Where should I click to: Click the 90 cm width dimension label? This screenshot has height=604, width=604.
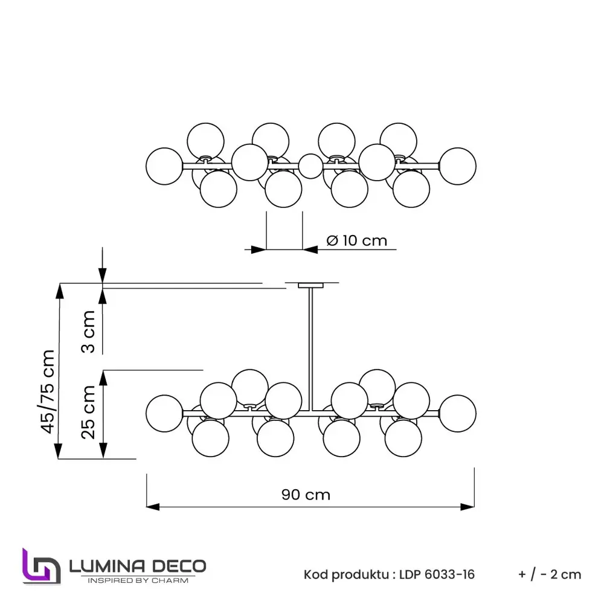(306, 495)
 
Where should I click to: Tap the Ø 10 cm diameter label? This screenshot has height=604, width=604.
(356, 240)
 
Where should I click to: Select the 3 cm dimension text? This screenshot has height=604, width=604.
(89, 332)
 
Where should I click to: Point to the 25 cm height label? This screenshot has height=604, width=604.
(89, 412)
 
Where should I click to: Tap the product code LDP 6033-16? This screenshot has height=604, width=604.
(437, 574)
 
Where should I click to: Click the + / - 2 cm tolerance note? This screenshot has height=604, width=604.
(550, 574)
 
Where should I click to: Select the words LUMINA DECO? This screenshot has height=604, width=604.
(138, 566)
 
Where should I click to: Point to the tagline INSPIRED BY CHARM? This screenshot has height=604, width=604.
(138, 581)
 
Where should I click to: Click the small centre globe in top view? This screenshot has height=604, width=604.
(311, 165)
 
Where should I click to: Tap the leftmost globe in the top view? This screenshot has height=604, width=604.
(164, 164)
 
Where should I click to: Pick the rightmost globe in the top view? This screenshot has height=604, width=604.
(457, 165)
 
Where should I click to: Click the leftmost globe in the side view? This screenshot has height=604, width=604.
(164, 413)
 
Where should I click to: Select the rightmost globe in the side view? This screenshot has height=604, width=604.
(457, 413)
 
